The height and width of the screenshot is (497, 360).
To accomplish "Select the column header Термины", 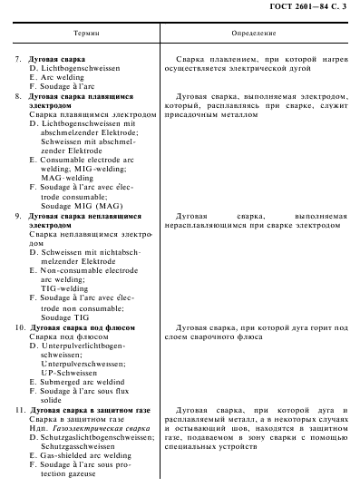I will (x=80, y=32).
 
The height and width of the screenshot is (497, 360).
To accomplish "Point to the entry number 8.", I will (x=20, y=94).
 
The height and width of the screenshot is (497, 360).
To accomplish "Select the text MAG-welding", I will (x=66, y=178).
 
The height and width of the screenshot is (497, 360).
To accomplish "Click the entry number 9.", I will (x=20, y=216).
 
